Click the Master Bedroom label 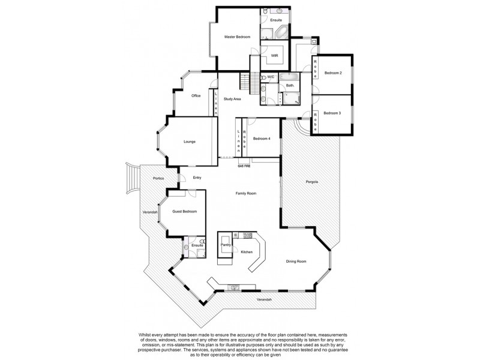237,37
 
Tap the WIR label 274,56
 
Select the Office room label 196,96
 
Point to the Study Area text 232,99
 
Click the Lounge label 190,142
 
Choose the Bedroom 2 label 333,73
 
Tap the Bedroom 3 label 332,113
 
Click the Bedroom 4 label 262,139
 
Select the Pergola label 311,181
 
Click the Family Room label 246,193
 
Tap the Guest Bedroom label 184,211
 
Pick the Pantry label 226,245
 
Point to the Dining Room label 296,261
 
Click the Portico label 158,178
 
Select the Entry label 197,178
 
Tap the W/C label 271,77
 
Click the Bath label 289,86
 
